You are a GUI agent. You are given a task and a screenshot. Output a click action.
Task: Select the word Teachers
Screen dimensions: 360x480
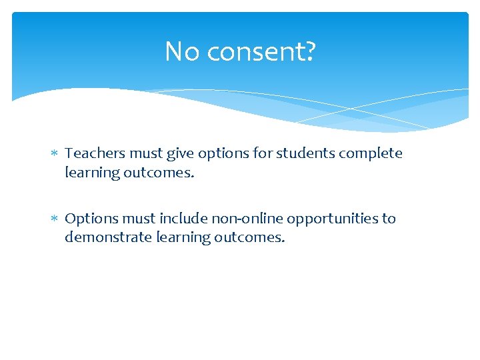tap(95, 153)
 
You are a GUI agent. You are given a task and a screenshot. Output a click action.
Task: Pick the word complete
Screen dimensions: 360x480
tap(371, 154)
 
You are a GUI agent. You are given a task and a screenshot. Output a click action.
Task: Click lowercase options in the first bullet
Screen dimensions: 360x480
tap(226, 154)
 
